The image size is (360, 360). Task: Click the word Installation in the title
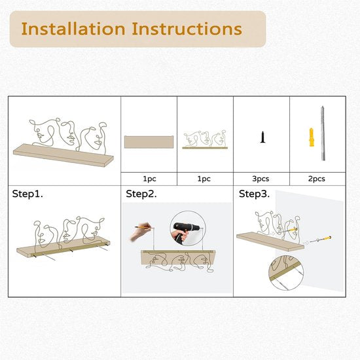point(73,29)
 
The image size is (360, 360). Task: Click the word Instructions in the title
point(187,29)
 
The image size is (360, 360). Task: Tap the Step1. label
point(27,194)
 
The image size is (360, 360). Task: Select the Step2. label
point(141,194)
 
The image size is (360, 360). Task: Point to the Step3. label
point(254,194)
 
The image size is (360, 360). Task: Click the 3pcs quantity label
point(261,179)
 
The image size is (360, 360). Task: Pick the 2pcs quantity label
point(317,179)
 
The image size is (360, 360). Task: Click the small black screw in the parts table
point(263,137)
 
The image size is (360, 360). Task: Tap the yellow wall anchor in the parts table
point(312,137)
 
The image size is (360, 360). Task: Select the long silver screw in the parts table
point(323,133)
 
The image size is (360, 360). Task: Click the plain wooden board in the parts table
point(149,142)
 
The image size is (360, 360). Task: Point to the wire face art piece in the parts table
point(205,139)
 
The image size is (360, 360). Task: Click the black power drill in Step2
point(185,232)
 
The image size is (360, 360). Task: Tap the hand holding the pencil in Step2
point(141,232)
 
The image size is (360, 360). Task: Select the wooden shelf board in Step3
point(270,242)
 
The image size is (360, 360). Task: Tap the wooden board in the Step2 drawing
point(178,257)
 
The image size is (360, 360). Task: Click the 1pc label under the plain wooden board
point(149,179)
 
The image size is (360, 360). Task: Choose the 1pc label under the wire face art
point(204,179)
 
